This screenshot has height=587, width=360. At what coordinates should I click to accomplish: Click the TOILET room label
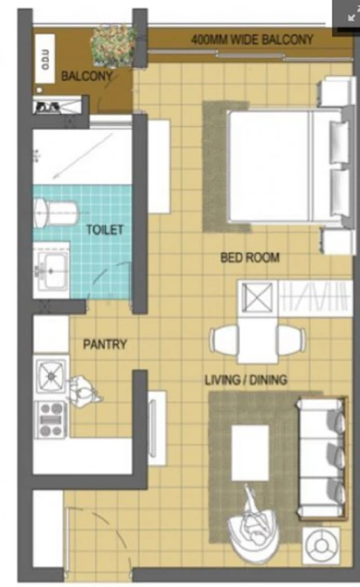105,229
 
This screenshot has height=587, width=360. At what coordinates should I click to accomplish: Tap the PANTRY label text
105,344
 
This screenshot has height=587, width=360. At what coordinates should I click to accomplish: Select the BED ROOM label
250,258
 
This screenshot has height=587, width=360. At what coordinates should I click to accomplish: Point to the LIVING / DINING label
246,380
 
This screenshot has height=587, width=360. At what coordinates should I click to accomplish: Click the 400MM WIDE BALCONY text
252,39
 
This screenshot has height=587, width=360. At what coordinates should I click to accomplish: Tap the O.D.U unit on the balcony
45,58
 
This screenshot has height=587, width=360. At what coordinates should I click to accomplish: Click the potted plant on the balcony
112,46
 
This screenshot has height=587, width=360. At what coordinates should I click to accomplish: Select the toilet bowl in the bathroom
55,212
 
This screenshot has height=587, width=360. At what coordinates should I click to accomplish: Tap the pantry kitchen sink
51,376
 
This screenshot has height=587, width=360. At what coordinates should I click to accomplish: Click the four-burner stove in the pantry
51,420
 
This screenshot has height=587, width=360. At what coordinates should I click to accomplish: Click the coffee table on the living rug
250,452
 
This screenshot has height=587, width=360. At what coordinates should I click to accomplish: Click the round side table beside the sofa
321,546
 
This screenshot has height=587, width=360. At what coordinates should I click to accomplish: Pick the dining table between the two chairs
258,339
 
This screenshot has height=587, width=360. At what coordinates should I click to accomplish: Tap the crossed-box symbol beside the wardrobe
257,297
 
